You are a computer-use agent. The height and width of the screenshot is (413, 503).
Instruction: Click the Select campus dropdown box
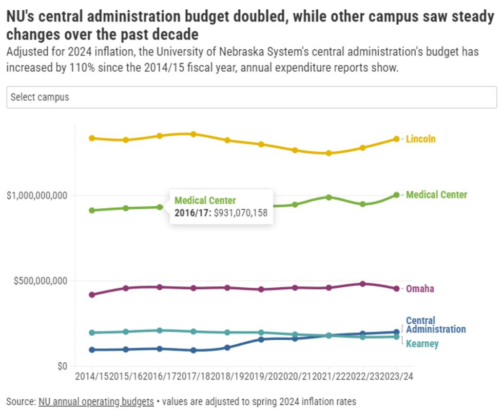(x=252, y=97)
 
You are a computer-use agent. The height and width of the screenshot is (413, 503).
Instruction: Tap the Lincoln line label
(x=420, y=139)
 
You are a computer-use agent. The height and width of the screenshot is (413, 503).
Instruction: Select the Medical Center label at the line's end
(x=436, y=195)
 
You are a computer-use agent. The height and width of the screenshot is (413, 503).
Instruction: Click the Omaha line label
(x=420, y=289)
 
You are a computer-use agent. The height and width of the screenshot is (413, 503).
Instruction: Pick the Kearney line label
(x=422, y=344)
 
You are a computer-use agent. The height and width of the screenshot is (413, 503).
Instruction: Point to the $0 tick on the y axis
(x=62, y=367)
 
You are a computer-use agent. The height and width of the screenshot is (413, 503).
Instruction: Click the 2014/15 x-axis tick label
(x=91, y=377)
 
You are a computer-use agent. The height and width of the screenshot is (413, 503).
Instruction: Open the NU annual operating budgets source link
(x=96, y=401)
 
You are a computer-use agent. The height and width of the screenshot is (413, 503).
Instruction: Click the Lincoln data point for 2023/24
(x=396, y=139)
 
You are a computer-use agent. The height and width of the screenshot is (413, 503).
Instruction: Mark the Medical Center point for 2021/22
(x=328, y=197)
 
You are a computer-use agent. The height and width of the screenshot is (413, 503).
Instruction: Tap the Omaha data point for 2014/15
(x=92, y=295)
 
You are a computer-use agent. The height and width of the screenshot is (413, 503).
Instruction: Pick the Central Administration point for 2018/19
(x=227, y=348)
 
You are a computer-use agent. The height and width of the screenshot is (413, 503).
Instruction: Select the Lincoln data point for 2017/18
(x=194, y=134)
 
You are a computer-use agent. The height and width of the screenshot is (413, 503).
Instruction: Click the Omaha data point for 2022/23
(x=362, y=284)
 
